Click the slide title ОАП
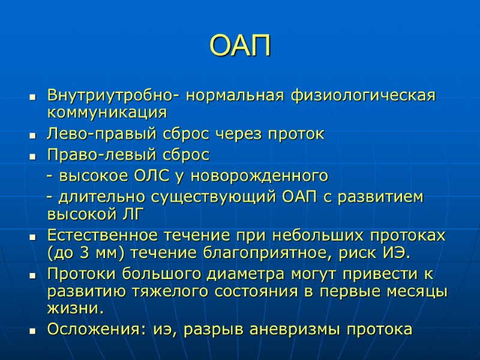tap(241, 46)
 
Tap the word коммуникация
tap(106, 113)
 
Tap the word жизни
tap(75, 308)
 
